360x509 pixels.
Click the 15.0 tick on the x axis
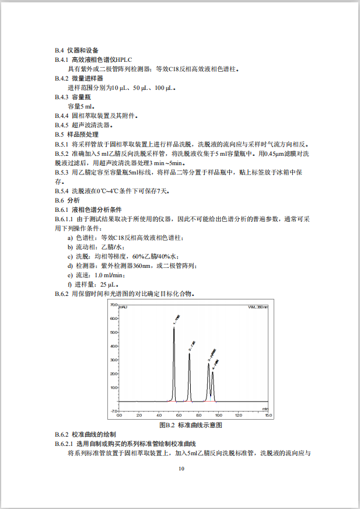coord(268,416)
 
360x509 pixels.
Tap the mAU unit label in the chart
coord(124,306)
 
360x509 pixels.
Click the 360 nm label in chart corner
coord(258,306)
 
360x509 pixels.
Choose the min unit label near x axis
coord(265,409)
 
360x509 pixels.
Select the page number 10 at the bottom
coord(181,469)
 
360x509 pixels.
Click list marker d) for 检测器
coord(71,266)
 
